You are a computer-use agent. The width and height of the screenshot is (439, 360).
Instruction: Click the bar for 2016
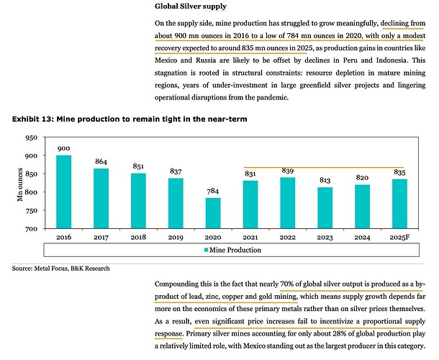click(x=63, y=192)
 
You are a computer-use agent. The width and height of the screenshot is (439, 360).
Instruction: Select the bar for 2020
click(x=213, y=213)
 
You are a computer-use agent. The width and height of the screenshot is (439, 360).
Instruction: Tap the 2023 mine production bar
click(x=325, y=208)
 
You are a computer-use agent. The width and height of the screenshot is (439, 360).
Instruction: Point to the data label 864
click(x=101, y=162)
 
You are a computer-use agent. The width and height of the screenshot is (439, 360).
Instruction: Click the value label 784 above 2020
click(x=213, y=191)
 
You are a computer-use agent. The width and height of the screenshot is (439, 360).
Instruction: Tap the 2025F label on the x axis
click(x=399, y=236)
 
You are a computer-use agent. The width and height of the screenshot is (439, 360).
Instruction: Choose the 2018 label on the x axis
click(x=138, y=236)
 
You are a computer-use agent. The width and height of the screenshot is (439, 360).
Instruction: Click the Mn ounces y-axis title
click(x=21, y=184)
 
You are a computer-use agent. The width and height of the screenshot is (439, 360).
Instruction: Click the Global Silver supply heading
click(x=191, y=6)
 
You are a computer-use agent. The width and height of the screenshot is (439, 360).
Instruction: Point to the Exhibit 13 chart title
click(x=130, y=119)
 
